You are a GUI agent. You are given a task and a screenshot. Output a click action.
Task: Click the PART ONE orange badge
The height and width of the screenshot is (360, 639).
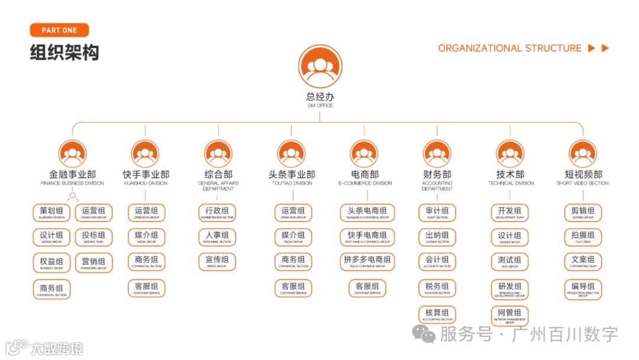59,30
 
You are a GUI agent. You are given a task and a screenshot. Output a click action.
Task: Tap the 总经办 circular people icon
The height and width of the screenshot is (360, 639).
320,67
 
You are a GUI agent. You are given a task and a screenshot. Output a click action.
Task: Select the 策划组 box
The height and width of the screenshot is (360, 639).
51,213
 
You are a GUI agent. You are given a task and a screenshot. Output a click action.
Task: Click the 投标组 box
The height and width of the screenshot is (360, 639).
93,237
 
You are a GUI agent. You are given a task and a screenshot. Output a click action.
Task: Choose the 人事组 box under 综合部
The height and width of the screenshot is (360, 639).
217,237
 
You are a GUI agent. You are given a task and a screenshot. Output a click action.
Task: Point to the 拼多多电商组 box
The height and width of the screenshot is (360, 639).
367,262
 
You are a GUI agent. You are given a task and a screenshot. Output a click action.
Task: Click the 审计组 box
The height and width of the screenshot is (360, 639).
437,213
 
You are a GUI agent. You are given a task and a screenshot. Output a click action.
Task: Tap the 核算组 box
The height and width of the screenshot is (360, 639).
437,314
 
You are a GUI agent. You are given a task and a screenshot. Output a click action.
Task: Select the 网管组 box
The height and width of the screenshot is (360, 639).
509,315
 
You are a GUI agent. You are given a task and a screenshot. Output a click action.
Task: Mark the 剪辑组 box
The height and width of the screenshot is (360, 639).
583,213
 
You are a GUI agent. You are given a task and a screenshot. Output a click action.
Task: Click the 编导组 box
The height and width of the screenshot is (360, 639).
583,289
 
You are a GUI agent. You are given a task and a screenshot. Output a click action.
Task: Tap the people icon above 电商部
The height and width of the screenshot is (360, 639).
364,154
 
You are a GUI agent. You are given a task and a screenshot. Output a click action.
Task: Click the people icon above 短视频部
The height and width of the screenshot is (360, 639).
583,154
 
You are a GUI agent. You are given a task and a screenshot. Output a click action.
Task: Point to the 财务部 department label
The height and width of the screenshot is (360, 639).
437,175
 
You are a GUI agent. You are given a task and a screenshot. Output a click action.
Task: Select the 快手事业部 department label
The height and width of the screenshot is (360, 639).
146,175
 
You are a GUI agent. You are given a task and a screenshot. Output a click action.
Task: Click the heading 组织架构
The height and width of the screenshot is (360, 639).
64,53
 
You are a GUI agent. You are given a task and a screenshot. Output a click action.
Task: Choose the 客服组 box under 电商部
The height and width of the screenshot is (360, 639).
367,288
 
